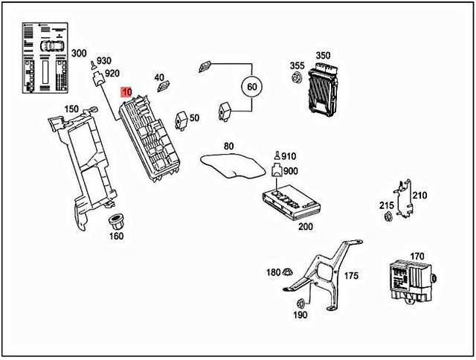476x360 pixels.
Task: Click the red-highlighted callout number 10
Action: (x=127, y=91)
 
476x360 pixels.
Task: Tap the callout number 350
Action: (x=323, y=56)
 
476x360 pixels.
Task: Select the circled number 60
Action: (x=251, y=87)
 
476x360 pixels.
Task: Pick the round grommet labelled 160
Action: (x=116, y=221)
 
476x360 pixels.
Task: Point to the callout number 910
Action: (x=289, y=156)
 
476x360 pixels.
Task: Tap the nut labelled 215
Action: (x=387, y=217)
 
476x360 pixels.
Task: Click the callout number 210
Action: (x=419, y=196)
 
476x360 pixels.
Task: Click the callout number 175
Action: (x=351, y=276)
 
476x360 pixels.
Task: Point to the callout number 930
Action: (x=103, y=60)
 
